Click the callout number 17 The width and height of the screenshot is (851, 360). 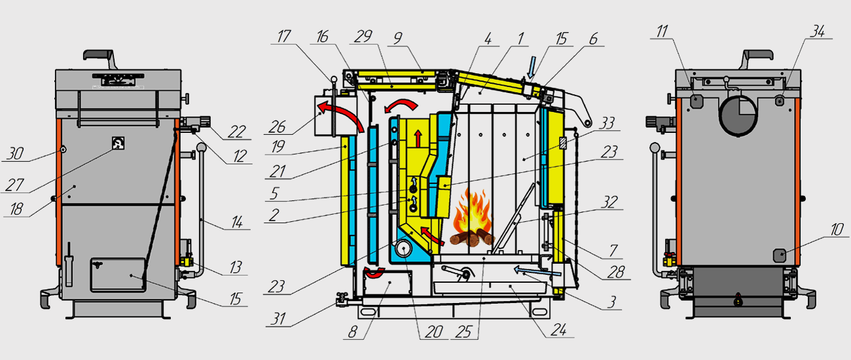pyautogui.click(x=283, y=39)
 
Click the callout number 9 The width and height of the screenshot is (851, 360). pyautogui.click(x=397, y=39)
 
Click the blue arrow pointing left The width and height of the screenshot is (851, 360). pyautogui.click(x=537, y=269)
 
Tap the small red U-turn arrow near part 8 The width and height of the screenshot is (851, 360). pyautogui.click(x=376, y=273)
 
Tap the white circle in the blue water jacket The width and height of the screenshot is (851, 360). pyautogui.click(x=405, y=250)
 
